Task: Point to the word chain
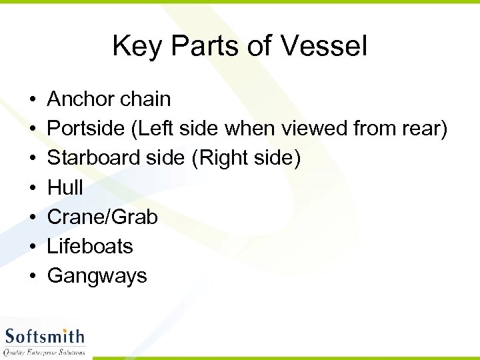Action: coord(145,99)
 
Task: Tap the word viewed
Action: coord(317,129)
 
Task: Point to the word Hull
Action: coord(65,187)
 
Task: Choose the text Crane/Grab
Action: coord(102,217)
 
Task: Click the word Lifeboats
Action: coord(90,246)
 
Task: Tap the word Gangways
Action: coord(97,276)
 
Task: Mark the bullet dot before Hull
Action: coord(33,188)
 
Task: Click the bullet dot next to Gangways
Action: coord(33,276)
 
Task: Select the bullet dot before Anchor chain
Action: coord(33,100)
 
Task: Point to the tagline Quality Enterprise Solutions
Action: coord(45,352)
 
